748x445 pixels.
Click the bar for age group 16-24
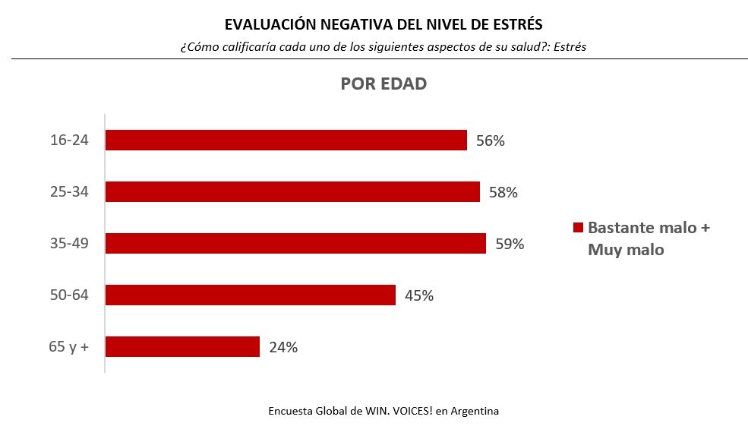point(286,140)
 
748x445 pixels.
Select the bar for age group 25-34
point(292,192)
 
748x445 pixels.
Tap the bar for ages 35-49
point(295,243)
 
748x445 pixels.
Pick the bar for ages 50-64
point(250,295)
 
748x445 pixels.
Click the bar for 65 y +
point(182,346)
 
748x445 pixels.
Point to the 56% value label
point(491,141)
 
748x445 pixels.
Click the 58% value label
point(503,193)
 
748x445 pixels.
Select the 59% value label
point(510,245)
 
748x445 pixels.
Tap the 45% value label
point(418,295)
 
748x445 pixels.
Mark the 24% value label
point(282,348)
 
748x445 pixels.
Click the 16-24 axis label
point(69,140)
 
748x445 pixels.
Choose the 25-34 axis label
point(69,192)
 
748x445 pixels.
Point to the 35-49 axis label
point(69,244)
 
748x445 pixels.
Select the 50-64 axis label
point(69,295)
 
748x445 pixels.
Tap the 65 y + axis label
point(68,346)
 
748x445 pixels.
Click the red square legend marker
point(577,228)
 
